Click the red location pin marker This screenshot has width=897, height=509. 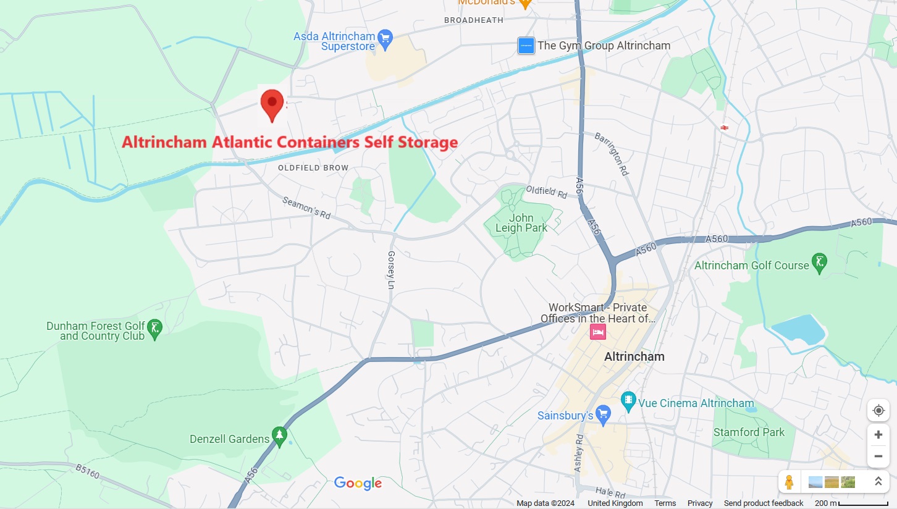pos(272,104)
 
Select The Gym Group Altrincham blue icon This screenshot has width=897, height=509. pos(526,46)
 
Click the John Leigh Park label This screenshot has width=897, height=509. pos(521,223)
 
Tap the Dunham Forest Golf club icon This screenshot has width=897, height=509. pos(155,328)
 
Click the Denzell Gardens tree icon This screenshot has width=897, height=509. pos(280,435)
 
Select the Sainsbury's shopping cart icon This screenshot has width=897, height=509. pos(604,414)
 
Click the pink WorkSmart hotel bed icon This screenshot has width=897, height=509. pos(597,332)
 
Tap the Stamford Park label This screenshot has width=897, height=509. pos(749,432)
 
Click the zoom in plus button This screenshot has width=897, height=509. pos(878,434)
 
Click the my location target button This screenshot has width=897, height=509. pos(878,411)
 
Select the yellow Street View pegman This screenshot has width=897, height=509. pos(789,482)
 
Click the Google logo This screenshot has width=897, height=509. pos(358,483)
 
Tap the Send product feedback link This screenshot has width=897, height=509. pos(764,503)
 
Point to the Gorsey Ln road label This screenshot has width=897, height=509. pos(390,270)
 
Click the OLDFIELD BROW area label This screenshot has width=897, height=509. pos(313,168)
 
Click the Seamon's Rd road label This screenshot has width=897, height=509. pos(306,208)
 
